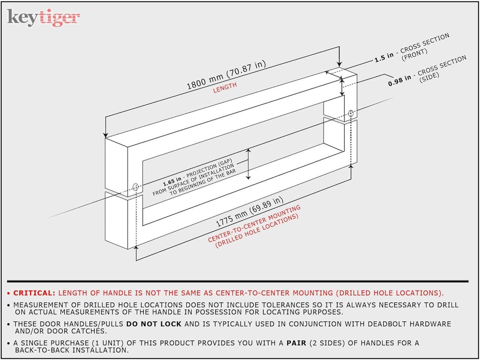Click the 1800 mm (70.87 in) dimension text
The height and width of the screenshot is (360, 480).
[226, 75]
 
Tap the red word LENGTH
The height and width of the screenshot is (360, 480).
[225, 87]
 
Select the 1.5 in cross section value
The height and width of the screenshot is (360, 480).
[384, 57]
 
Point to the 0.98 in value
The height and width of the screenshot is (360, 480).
[400, 81]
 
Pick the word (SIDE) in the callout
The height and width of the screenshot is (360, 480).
[429, 77]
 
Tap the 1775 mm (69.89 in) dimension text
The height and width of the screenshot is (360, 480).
[249, 211]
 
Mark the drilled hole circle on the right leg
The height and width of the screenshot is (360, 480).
[351, 113]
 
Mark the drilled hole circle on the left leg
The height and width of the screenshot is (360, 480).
[135, 187]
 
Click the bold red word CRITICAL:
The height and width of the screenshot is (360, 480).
[34, 293]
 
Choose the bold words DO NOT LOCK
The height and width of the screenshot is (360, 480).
[154, 324]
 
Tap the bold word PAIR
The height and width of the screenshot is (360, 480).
[296, 343]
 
